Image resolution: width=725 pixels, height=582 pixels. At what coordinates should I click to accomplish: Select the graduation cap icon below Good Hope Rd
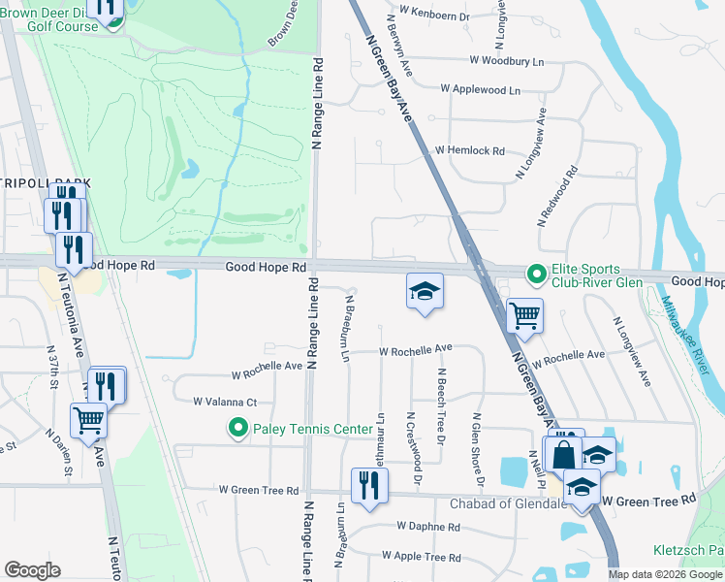click(424, 291)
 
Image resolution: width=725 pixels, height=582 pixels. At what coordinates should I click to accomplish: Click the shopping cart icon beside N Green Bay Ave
click(524, 314)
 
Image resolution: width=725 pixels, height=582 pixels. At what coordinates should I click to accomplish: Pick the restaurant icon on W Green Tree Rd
click(367, 485)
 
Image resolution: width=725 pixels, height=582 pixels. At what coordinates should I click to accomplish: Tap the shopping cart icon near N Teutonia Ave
click(88, 421)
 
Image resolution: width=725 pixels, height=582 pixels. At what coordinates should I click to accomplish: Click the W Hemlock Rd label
click(470, 151)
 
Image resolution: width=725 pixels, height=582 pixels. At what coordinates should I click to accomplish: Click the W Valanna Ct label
click(224, 402)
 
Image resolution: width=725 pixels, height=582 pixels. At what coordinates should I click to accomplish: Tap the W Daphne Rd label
click(428, 526)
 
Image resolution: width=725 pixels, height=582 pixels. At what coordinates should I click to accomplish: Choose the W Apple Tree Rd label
click(421, 557)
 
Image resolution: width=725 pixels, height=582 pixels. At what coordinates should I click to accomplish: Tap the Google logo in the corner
click(32, 570)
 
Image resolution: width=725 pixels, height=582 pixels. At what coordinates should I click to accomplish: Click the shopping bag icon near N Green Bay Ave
click(562, 453)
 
